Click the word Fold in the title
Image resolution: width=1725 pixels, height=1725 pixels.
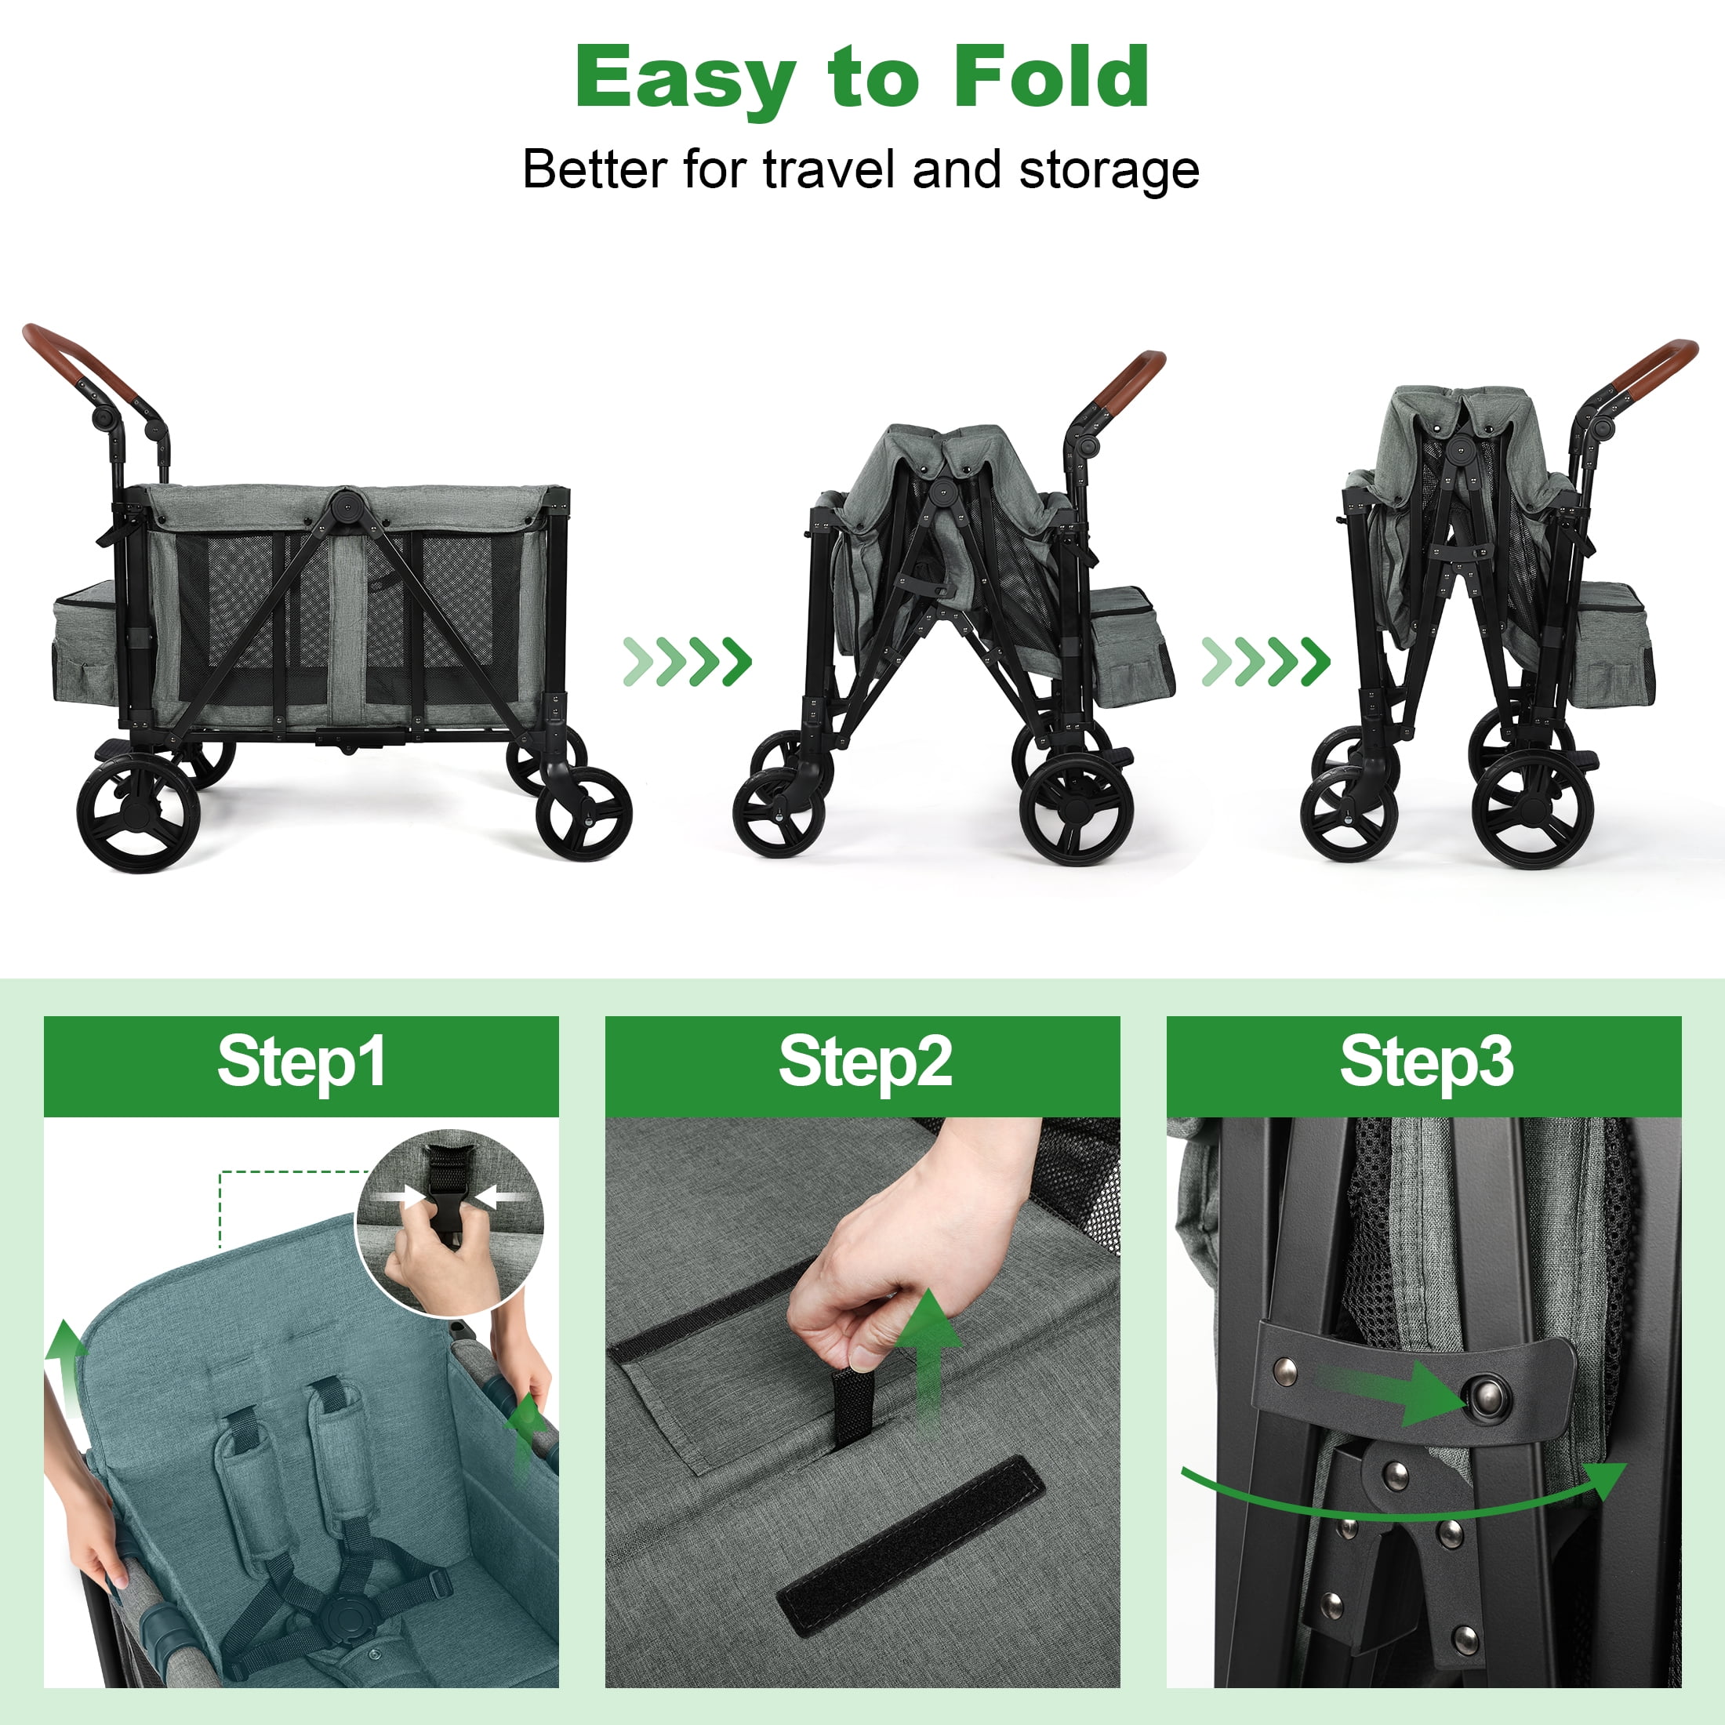(x=1051, y=78)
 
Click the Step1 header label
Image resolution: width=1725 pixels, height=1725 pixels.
(x=301, y=1063)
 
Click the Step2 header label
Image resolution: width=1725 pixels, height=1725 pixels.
(x=864, y=1063)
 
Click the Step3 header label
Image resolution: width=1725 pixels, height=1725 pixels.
(x=1426, y=1063)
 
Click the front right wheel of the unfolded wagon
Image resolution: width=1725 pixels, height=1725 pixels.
(x=583, y=812)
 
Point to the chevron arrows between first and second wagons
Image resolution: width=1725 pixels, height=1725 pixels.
(x=687, y=662)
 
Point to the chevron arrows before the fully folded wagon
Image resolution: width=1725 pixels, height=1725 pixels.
(x=1266, y=662)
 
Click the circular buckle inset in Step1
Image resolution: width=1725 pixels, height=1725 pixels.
(x=449, y=1222)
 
